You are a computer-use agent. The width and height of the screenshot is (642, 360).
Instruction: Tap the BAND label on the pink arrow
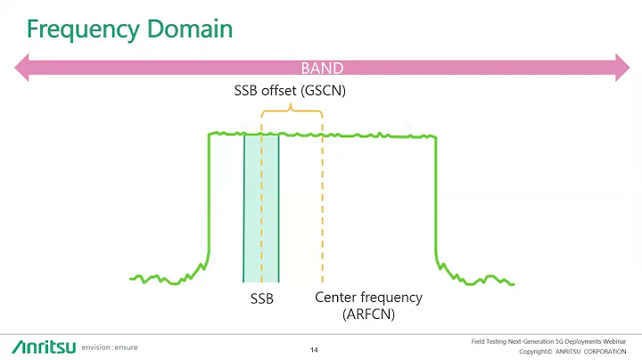[322, 68]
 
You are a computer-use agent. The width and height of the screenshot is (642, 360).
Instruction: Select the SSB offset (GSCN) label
[291, 90]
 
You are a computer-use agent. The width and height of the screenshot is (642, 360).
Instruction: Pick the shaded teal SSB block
[261, 208]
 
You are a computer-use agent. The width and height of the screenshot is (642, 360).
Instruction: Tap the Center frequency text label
[368, 297]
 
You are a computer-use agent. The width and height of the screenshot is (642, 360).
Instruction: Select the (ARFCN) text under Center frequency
[368, 314]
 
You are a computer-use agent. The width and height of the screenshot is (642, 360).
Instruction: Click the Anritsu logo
[43, 346]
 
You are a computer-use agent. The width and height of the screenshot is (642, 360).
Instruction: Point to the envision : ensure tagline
[111, 346]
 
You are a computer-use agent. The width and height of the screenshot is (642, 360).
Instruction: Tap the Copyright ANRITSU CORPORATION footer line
[566, 352]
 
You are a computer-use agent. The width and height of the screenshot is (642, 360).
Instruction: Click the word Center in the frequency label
[338, 297]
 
